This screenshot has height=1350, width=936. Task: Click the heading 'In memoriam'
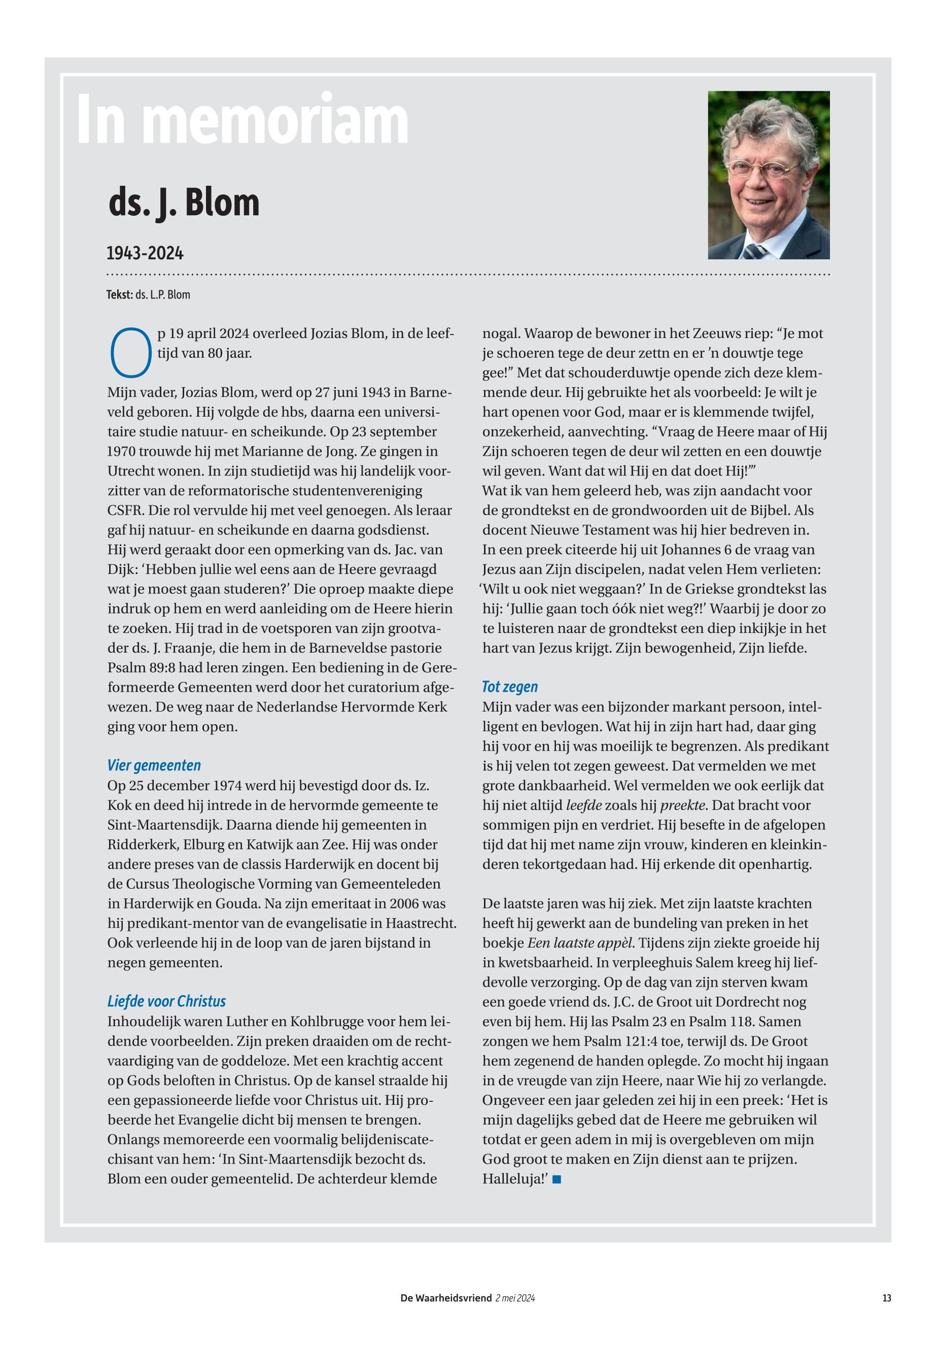coord(242,120)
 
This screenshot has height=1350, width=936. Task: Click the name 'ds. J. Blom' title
coord(184,203)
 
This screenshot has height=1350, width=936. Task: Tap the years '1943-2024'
coord(145,253)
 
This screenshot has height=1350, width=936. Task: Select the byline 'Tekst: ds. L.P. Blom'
coord(148,294)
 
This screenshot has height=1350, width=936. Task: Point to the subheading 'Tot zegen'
coord(510,687)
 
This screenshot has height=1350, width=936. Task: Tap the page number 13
coord(886,1298)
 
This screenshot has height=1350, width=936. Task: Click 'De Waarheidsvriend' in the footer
coord(446,1298)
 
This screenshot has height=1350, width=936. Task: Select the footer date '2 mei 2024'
coord(515,1298)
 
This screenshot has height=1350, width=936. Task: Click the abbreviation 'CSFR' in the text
coord(123,511)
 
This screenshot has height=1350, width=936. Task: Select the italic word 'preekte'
coord(682,805)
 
